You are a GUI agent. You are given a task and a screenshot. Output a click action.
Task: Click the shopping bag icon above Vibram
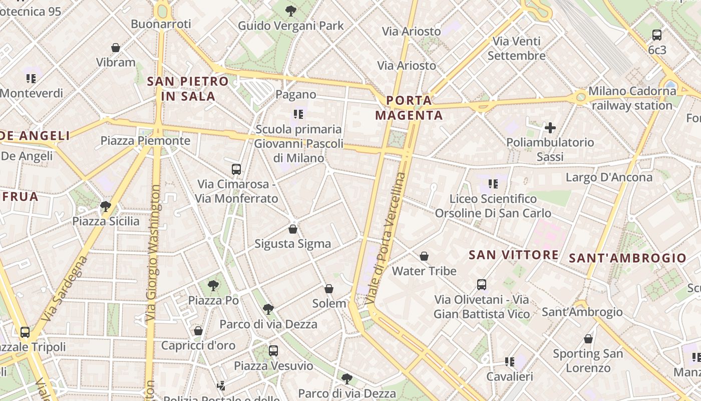tap(116, 48)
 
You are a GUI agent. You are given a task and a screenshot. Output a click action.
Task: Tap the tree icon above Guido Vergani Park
tap(290, 11)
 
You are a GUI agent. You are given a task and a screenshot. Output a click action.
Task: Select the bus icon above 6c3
tap(657, 35)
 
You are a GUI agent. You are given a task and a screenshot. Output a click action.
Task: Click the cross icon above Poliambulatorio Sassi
tap(550, 128)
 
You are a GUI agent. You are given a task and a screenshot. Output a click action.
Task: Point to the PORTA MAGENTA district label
tap(409, 108)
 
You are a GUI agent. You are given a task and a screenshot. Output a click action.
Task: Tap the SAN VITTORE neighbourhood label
tap(513, 255)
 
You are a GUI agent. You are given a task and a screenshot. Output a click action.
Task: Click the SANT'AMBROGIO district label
tap(627, 259)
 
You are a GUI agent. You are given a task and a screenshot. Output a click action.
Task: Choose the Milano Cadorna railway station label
tap(632, 98)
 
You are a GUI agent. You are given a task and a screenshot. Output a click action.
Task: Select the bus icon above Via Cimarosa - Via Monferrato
tap(236, 169)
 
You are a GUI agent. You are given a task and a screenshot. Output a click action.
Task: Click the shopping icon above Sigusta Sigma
tap(293, 229)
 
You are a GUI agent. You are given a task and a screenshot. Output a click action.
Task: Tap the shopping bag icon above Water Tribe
tap(424, 256)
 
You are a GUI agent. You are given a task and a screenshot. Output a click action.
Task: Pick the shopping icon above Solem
tap(329, 289)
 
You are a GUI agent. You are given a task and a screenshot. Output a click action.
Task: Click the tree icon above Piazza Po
tap(213, 286)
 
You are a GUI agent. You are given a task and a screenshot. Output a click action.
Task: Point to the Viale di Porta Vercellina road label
tap(385, 239)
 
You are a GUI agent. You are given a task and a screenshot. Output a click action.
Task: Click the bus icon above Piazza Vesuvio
tap(273, 351)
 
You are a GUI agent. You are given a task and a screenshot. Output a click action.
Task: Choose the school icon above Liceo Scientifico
tap(493, 184)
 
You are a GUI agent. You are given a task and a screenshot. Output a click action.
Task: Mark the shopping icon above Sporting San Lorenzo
tap(588, 339)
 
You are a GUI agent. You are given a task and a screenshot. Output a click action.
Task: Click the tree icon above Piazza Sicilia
tap(106, 206)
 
